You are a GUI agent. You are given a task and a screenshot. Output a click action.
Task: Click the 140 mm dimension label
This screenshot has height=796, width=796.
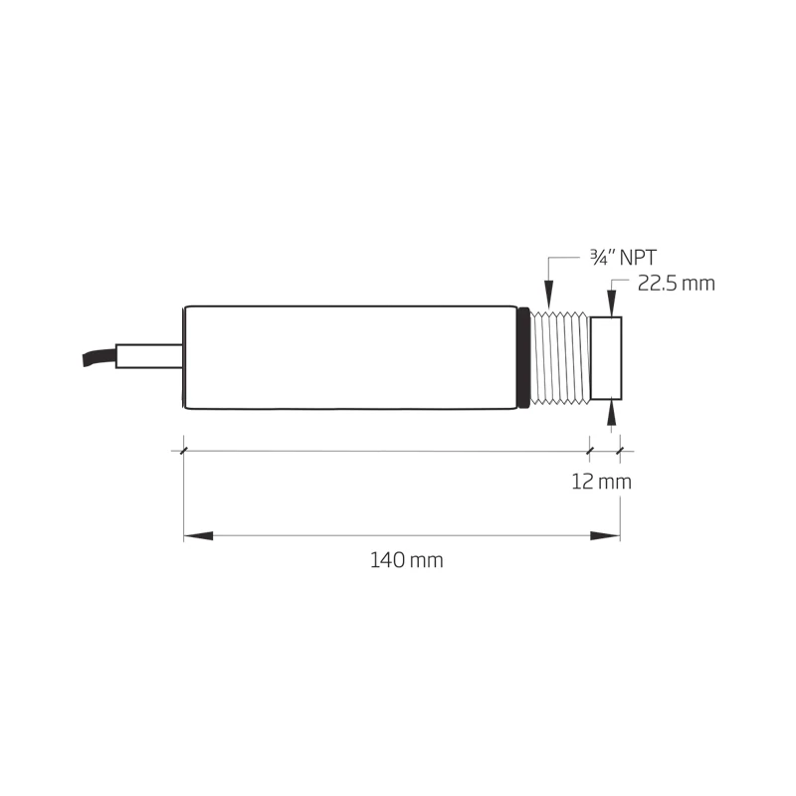(406, 560)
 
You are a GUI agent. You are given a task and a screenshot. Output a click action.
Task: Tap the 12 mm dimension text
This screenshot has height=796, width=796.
(601, 483)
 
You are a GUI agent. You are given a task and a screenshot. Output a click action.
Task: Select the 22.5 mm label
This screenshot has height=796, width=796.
(676, 284)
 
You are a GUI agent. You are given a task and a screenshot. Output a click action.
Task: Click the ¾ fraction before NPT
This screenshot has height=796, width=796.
(599, 258)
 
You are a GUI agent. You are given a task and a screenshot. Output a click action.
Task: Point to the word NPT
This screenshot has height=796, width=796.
(638, 258)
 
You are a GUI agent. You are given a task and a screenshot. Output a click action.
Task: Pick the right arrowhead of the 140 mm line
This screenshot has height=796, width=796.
(605, 536)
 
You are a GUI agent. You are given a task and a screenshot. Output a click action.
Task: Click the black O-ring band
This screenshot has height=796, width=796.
(522, 358)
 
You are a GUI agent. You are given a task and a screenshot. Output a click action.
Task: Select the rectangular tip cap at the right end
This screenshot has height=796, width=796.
(606, 358)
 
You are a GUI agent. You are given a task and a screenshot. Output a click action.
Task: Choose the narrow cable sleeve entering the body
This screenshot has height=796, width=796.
(149, 356)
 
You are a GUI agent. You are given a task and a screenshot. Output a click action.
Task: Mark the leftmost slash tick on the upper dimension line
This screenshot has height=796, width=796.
(184, 451)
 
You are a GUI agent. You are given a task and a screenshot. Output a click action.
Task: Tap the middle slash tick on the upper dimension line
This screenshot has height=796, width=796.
(590, 451)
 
